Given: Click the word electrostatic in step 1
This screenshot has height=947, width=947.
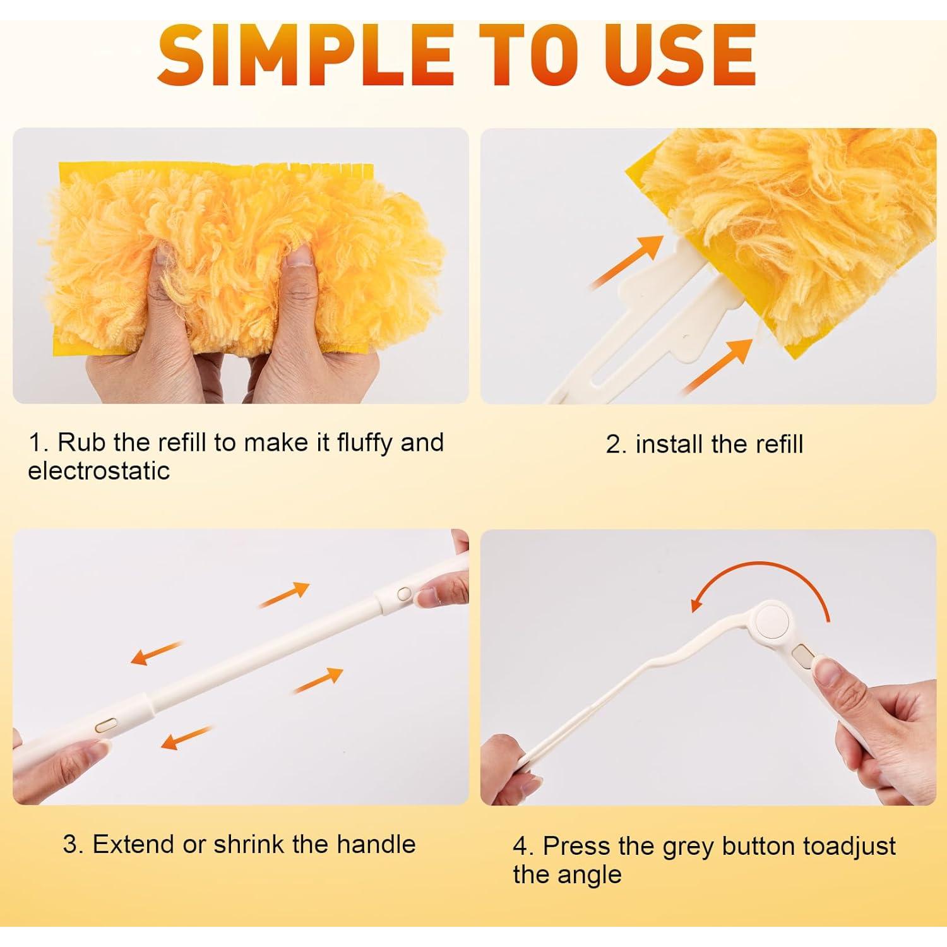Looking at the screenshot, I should tap(98, 471).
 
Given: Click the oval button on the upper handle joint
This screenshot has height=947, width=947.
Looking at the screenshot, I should tap(405, 593).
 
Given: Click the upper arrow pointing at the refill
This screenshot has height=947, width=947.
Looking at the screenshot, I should tap(629, 261).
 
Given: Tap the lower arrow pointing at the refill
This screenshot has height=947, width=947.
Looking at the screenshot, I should tap(718, 364).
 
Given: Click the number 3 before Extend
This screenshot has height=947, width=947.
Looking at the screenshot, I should tap(71, 844).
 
